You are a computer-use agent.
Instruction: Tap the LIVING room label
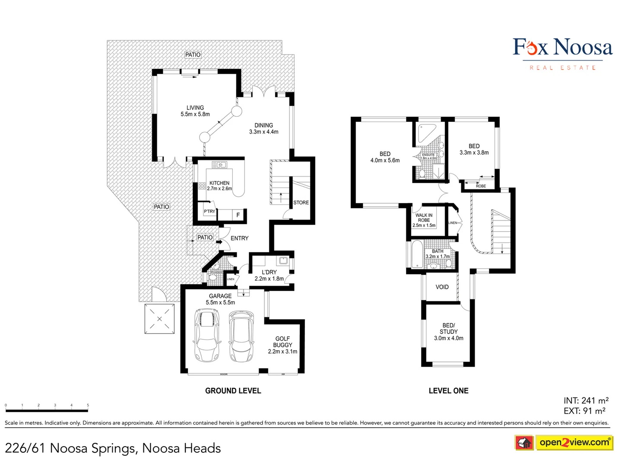[x=195, y=111]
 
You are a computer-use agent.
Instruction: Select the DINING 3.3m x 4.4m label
[x=263, y=128]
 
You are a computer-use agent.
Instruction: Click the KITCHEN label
[x=219, y=186]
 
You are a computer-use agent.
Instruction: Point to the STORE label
[x=301, y=202]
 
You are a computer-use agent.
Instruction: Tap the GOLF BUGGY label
[x=282, y=345]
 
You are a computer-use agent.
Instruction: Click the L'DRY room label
[x=269, y=275]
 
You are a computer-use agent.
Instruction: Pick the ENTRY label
[x=239, y=238]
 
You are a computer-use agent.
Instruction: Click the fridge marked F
[x=238, y=215]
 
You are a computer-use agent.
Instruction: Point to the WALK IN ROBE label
[x=424, y=220]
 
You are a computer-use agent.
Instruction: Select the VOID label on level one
[x=442, y=287]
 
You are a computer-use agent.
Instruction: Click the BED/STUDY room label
[x=448, y=332]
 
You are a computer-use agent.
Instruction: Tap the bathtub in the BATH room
[x=417, y=255]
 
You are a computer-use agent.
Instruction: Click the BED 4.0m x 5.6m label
[x=385, y=157]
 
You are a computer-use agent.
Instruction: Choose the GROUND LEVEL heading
[x=233, y=391]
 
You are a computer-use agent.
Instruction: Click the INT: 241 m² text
[x=586, y=401]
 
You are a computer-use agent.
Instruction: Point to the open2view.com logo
[x=574, y=442]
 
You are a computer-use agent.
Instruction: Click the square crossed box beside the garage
[x=159, y=319]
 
